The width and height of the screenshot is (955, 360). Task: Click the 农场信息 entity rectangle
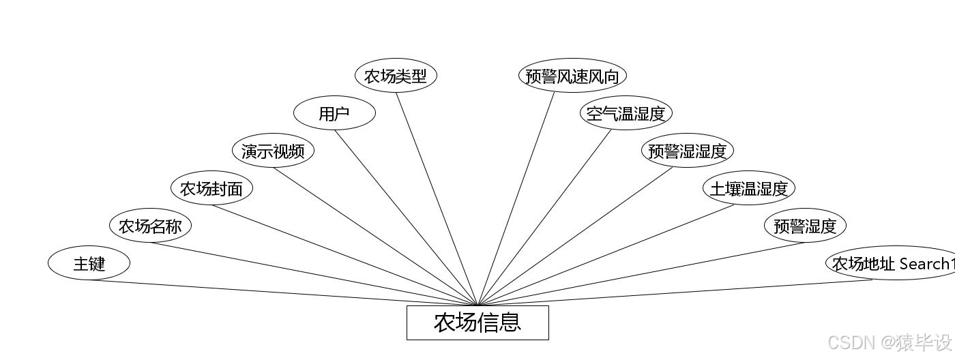pos(477,322)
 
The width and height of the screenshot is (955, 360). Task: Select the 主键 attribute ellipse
pos(89,263)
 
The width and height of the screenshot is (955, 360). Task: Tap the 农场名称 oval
pos(150,226)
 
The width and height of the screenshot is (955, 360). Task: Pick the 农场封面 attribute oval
pos(211,188)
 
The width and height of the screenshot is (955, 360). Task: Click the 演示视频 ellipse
pos(273,151)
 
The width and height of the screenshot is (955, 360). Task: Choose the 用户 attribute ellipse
pos(334,113)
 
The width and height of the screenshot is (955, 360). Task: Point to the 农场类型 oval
pos(396,76)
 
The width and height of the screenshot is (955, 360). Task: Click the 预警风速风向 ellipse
pos(572,76)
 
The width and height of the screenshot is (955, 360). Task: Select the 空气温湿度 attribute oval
pos(626,113)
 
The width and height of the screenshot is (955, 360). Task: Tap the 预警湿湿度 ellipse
pos(688,151)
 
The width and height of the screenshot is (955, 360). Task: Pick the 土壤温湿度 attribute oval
pos(749,188)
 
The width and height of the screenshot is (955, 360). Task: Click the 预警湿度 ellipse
pos(805,226)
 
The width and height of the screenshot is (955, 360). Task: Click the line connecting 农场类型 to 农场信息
pos(437,199)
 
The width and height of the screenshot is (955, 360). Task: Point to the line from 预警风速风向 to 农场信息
pos(516,199)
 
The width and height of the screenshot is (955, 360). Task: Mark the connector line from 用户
pos(407,217)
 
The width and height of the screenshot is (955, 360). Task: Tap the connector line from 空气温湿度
pos(544,217)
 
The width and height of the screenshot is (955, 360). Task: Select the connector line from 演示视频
pos(376,237)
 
